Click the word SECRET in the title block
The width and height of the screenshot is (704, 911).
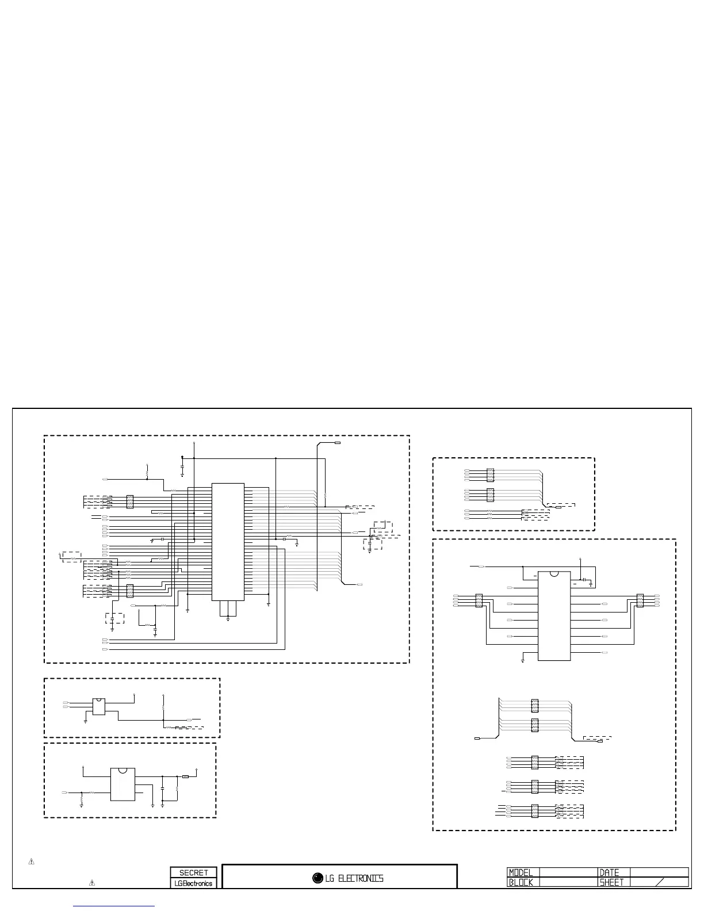pyautogui.click(x=193, y=872)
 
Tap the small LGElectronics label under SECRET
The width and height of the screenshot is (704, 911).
pyautogui.click(x=193, y=883)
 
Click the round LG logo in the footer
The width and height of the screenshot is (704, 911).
pyautogui.click(x=317, y=878)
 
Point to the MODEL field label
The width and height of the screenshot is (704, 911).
pyautogui.click(x=521, y=872)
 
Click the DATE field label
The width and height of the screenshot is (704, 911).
pyautogui.click(x=610, y=872)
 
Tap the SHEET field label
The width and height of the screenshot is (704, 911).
pyautogui.click(x=612, y=882)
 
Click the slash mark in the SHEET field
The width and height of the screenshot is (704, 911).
pyautogui.click(x=660, y=882)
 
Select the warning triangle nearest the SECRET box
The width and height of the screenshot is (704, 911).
pyautogui.click(x=91, y=882)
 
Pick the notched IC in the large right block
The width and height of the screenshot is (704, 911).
pyautogui.click(x=554, y=616)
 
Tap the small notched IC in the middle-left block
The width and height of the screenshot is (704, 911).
pyautogui.click(x=99, y=706)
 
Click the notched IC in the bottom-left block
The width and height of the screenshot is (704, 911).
pyautogui.click(x=122, y=784)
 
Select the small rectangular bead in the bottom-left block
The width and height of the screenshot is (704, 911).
pyautogui.click(x=185, y=777)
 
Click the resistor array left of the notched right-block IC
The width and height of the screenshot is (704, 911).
pyautogui.click(x=478, y=600)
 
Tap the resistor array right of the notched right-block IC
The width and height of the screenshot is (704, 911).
pyautogui.click(x=640, y=600)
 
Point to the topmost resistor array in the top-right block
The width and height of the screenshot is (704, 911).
pyautogui.click(x=490, y=475)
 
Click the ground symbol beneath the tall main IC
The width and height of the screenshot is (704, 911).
pyautogui.click(x=228, y=618)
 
